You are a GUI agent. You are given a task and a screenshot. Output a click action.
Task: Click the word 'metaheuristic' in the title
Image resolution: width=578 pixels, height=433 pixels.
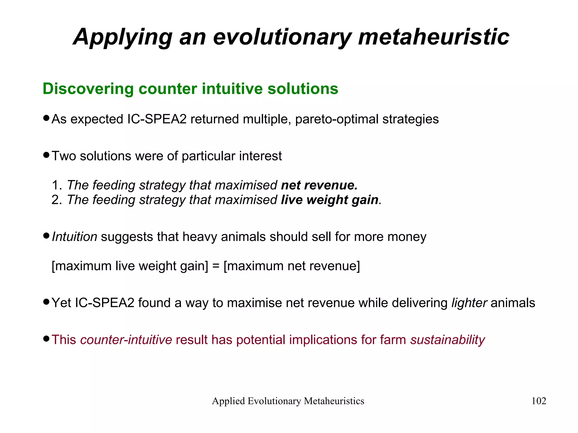(433, 37)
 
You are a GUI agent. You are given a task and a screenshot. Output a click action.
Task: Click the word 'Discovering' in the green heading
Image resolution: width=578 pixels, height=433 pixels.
(88, 89)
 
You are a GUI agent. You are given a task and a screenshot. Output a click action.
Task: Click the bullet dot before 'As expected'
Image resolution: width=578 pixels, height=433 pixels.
(47, 118)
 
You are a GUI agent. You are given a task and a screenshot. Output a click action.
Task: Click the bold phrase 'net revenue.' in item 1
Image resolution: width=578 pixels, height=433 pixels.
(319, 185)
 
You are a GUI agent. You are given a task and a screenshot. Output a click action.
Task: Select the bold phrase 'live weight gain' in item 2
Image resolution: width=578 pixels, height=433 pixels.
(330, 200)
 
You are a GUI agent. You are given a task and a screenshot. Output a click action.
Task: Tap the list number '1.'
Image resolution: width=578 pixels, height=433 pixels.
(57, 185)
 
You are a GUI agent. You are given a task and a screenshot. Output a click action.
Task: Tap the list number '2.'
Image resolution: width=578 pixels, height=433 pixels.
(57, 200)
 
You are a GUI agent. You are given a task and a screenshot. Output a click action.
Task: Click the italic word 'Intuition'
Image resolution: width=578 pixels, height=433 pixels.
(75, 237)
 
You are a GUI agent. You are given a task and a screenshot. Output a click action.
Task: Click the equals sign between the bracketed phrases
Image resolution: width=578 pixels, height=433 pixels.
(216, 266)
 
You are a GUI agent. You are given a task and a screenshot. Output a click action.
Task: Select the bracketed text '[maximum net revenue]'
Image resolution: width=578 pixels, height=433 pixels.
(292, 266)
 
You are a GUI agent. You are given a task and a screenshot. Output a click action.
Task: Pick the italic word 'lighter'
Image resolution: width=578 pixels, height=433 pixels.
(469, 303)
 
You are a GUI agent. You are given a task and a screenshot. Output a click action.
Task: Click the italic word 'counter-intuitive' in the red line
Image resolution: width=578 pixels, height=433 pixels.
(126, 340)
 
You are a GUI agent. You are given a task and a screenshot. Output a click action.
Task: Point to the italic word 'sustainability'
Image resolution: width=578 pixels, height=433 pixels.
(448, 340)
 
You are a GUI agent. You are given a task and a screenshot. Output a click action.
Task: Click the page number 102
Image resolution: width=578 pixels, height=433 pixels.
(538, 401)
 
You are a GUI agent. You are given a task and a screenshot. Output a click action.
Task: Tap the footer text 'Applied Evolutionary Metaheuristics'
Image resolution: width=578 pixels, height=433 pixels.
(288, 401)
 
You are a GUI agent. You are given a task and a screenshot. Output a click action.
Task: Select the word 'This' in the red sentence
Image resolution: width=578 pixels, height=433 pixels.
(64, 340)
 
